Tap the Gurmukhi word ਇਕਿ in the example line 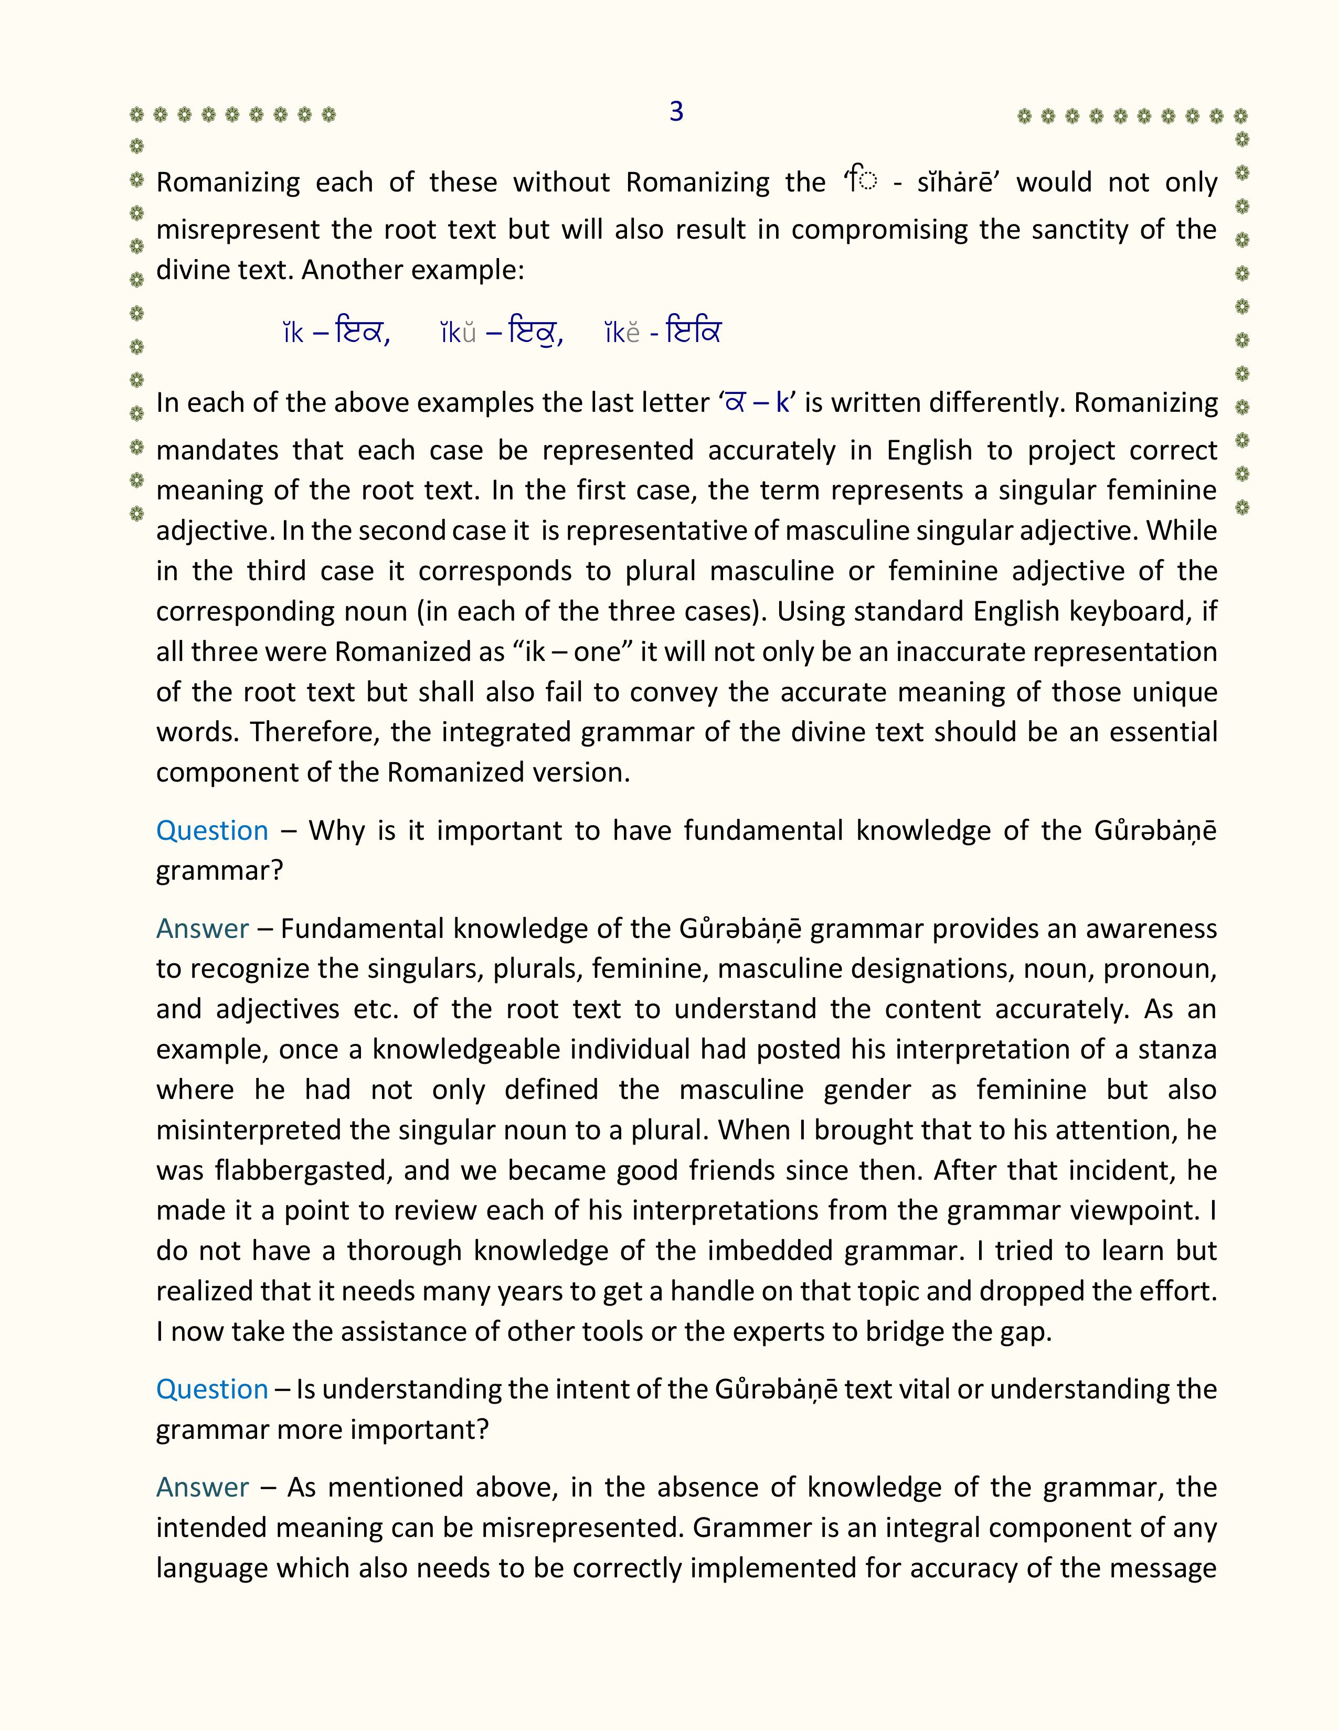click(x=694, y=332)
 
